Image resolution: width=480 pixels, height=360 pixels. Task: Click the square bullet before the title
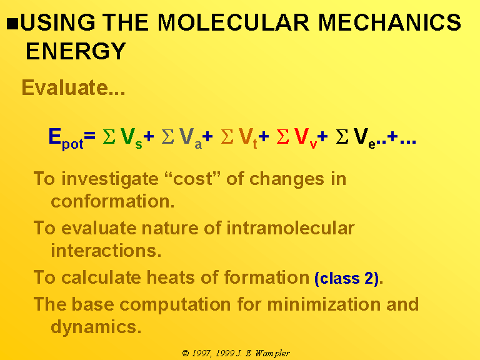pos(12,24)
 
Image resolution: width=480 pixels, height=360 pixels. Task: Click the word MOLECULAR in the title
pos(234,22)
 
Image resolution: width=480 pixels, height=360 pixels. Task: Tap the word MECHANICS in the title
pos(390,22)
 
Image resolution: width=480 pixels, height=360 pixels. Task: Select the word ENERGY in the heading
pos(76,51)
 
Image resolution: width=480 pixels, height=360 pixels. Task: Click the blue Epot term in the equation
pos(66,139)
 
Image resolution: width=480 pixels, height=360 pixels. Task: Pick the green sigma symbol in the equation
pos(109,136)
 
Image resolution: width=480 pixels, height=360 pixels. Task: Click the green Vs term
pos(131,138)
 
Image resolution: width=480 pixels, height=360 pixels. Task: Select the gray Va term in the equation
pos(191,138)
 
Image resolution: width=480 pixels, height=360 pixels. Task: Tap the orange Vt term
pos(248,138)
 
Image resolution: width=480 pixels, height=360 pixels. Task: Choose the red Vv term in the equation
pos(305,138)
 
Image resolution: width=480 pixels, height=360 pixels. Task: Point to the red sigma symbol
pos(282,136)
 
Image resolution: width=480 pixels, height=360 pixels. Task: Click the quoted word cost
pos(192,178)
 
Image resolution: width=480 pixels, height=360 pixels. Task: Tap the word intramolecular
pos(290,228)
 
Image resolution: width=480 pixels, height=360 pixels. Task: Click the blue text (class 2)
pos(346,278)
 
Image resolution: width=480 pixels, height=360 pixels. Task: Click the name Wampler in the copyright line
pos(272,354)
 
